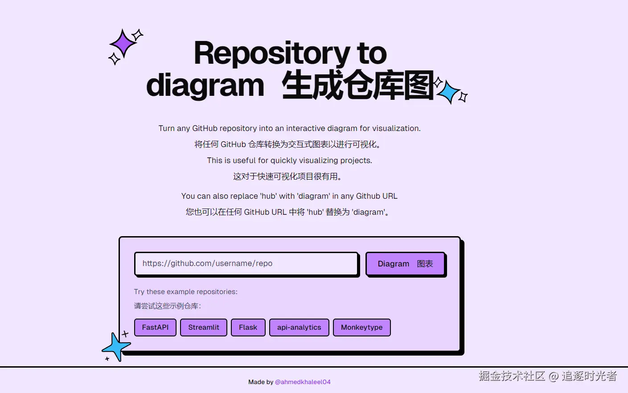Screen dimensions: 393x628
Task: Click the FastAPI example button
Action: point(155,327)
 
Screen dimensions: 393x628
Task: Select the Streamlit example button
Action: point(204,327)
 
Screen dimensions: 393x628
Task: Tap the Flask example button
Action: point(248,327)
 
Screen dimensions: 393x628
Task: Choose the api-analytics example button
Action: point(299,327)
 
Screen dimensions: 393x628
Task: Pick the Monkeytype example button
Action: point(361,327)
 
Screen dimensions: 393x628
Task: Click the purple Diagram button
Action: point(405,264)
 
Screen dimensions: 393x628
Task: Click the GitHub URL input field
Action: point(246,264)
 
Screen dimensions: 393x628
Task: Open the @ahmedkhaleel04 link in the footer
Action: point(303,382)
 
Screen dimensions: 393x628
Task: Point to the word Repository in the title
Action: point(271,53)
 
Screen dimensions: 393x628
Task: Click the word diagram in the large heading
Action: point(205,85)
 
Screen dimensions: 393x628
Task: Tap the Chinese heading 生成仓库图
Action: point(357,85)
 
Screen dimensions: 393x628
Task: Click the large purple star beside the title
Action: point(123,44)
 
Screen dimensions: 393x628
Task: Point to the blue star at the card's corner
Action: point(116,346)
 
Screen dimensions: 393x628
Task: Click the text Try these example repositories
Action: point(185,292)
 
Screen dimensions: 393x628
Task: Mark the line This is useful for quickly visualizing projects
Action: point(289,160)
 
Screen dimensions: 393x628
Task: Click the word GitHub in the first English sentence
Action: point(205,128)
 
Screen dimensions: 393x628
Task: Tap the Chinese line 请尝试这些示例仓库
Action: point(167,306)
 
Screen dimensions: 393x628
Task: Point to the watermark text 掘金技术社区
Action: point(512,376)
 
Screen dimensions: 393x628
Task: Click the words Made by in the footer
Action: point(261,382)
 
